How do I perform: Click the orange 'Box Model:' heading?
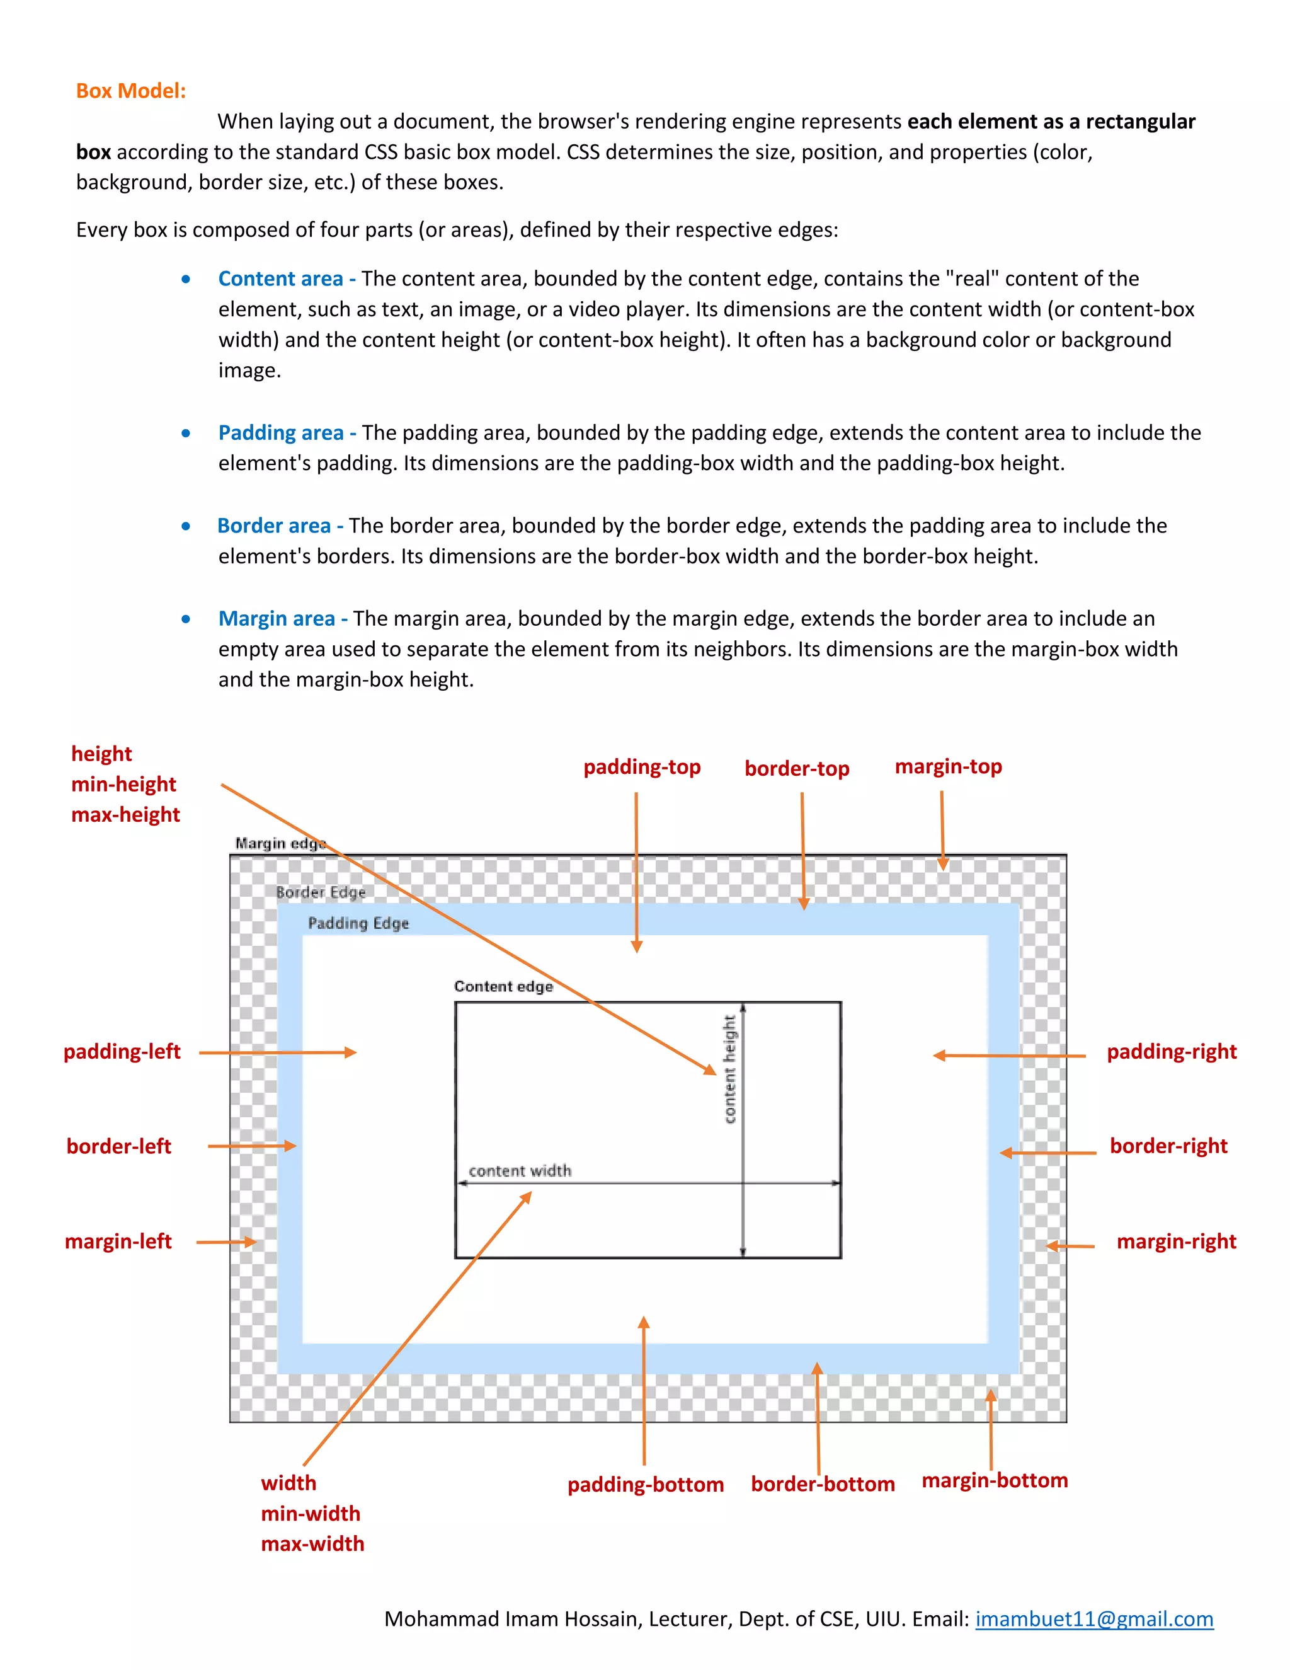pos(130,91)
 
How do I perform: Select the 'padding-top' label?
pos(642,767)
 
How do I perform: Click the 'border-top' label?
pos(796,768)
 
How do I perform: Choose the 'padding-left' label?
pos(122,1051)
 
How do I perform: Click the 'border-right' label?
pos(1168,1146)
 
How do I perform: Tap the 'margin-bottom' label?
pos(994,1480)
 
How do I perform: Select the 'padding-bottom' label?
pos(645,1484)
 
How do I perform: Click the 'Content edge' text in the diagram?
pos(503,986)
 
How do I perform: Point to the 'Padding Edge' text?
pos(358,923)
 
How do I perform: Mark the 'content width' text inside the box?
pos(520,1171)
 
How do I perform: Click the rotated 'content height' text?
pos(730,1069)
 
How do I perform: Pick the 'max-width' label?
pos(312,1543)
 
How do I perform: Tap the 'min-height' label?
pos(124,784)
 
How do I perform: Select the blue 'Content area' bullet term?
pos(280,279)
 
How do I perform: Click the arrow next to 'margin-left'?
pos(226,1242)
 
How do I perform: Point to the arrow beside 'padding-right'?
pos(1009,1055)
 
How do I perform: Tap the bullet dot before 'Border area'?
pos(186,526)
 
